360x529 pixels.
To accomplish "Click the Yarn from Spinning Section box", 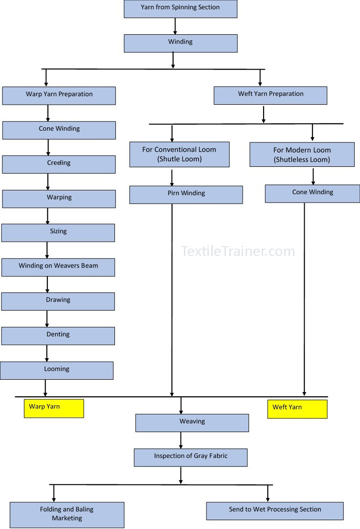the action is [180, 9].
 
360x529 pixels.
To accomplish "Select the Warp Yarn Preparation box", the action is [59, 95].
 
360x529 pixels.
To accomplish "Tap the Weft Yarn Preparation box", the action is [270, 95].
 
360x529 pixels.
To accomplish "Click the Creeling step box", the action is [59, 164].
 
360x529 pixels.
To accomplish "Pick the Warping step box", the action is [59, 199].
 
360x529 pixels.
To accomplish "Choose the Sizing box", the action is [58, 233].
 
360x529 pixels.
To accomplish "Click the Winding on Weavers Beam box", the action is [58, 267].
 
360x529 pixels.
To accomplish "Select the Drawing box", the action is [58, 301].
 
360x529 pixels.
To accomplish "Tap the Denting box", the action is [58, 336].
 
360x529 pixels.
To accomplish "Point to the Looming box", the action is [57, 370].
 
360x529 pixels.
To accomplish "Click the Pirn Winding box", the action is [186, 195].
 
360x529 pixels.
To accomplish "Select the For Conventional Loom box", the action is [180, 154].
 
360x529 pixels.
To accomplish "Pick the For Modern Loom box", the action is [302, 155].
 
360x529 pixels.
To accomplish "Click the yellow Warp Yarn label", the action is [54, 409].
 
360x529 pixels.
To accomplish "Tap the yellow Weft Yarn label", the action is [297, 409].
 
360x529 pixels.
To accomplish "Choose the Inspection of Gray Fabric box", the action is [191, 458].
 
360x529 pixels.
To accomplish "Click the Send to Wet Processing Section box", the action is [275, 511].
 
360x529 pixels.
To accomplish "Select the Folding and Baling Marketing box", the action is [67, 515].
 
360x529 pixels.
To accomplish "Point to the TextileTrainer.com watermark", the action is [238, 252].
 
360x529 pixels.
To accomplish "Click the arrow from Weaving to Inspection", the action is [181, 440].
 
